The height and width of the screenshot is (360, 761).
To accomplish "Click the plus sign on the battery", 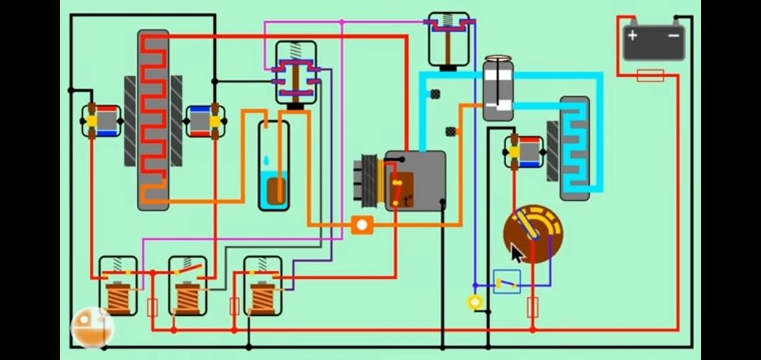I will coord(632,36).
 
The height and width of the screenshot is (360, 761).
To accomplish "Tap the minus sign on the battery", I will coord(674,36).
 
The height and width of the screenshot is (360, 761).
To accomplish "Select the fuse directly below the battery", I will coord(650,75).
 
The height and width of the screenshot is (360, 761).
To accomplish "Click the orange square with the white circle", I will coord(362,225).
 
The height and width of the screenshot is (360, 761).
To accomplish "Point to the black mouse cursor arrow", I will coord(517,252).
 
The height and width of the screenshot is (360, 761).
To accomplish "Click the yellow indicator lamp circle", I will coord(476,302).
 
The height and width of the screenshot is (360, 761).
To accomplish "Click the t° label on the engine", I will coord(408,201).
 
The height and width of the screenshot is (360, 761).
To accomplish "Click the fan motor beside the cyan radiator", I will coord(524,152).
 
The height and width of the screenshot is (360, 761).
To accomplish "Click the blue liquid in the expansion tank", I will coord(273,190).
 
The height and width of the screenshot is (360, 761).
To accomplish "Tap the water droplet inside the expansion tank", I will coord(266,161).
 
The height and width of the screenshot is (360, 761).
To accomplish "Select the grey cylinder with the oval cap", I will coord(498,89).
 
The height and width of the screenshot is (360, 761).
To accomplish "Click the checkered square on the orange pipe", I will coord(451,131).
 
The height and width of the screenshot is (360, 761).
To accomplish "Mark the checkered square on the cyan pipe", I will coord(435,94).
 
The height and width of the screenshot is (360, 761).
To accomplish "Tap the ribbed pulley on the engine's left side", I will coord(370,180).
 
